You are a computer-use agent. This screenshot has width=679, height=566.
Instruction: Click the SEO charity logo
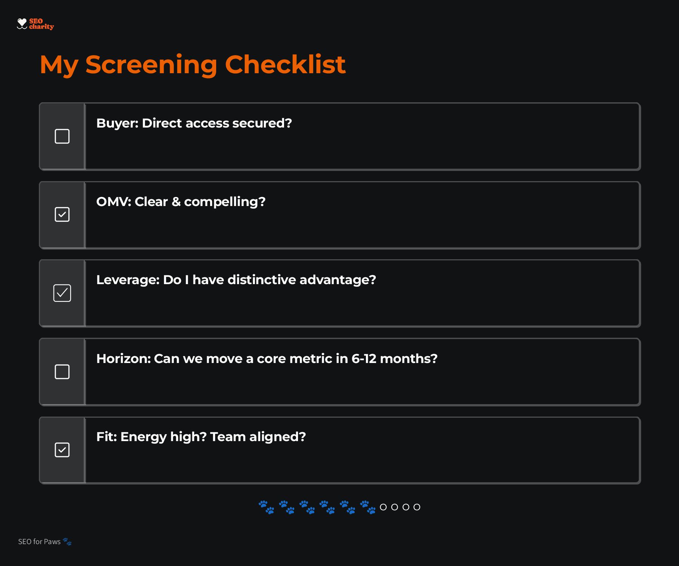pos(35,24)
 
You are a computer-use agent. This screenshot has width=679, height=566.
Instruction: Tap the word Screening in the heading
pos(151,65)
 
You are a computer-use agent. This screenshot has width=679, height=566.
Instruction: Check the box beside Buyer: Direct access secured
pos(62,136)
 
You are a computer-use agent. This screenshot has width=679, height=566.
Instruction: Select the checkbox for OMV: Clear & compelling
pos(62,214)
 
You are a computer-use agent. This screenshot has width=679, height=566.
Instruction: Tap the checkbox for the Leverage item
pos(62,293)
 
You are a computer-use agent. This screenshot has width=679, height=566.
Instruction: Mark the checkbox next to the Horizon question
pos(62,372)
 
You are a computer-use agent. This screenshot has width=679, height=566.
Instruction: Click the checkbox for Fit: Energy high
pos(62,450)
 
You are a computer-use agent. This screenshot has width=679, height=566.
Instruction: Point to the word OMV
pos(114,201)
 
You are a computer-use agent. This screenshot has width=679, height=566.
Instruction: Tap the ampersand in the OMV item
pos(176,201)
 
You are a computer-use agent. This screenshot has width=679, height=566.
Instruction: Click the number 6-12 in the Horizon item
pos(364,358)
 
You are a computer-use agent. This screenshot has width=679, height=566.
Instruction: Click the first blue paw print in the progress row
pos(266,507)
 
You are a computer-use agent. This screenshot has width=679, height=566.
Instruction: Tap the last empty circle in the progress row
pos(417,507)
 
